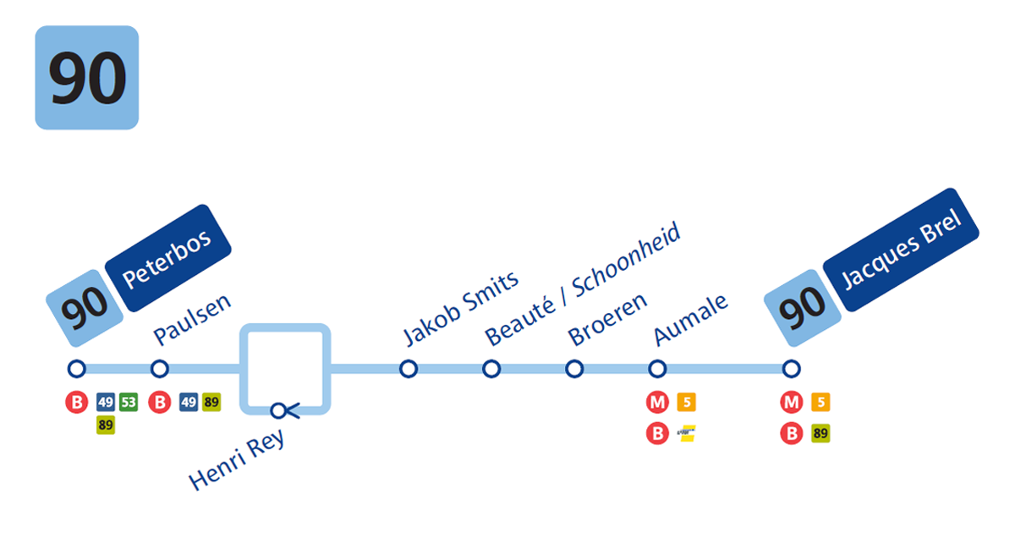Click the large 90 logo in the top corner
[86, 78]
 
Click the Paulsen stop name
[192, 320]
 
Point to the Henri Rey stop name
[238, 462]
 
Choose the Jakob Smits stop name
[461, 308]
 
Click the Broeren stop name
[607, 319]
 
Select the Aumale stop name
[691, 319]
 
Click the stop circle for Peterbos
[77, 369]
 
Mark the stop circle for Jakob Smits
[409, 369]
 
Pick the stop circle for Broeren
[574, 369]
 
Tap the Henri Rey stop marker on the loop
[280, 411]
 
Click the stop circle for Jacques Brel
[791, 369]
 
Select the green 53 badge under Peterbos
[129, 403]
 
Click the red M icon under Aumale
[657, 403]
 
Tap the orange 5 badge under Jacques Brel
[820, 403]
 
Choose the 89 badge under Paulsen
[211, 403]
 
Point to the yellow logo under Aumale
[687, 434]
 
